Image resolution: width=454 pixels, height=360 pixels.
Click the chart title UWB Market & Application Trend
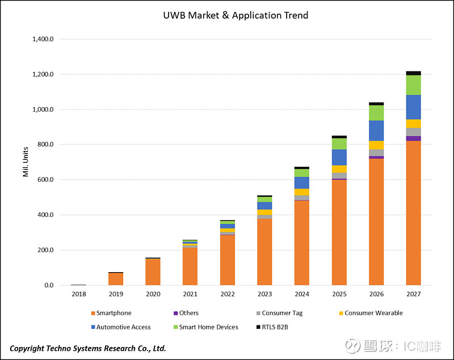point(235,15)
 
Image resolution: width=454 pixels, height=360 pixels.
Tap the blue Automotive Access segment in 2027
point(413,107)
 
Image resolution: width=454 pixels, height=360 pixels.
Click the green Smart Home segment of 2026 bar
point(376,113)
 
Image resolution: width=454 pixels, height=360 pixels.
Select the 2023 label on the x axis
point(264,294)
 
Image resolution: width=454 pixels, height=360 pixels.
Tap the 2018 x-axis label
point(78,294)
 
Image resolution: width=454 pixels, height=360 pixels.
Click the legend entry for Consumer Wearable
point(373,313)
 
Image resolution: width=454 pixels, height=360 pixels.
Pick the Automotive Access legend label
point(123,327)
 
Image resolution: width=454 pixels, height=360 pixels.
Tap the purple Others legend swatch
point(175,313)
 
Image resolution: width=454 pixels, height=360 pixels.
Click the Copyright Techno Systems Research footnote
point(88,348)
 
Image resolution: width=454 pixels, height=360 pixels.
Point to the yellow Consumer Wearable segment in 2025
point(339,169)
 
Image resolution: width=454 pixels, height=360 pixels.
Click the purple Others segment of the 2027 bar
point(413,138)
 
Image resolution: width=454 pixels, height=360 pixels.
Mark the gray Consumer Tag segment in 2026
point(376,153)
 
